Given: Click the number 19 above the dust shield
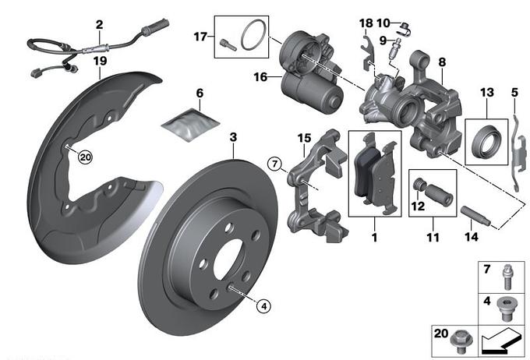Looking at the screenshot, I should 100,60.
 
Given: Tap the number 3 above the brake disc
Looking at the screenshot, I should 233,138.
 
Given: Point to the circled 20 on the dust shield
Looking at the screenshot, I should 85,156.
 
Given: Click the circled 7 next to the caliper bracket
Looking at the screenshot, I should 274,164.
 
